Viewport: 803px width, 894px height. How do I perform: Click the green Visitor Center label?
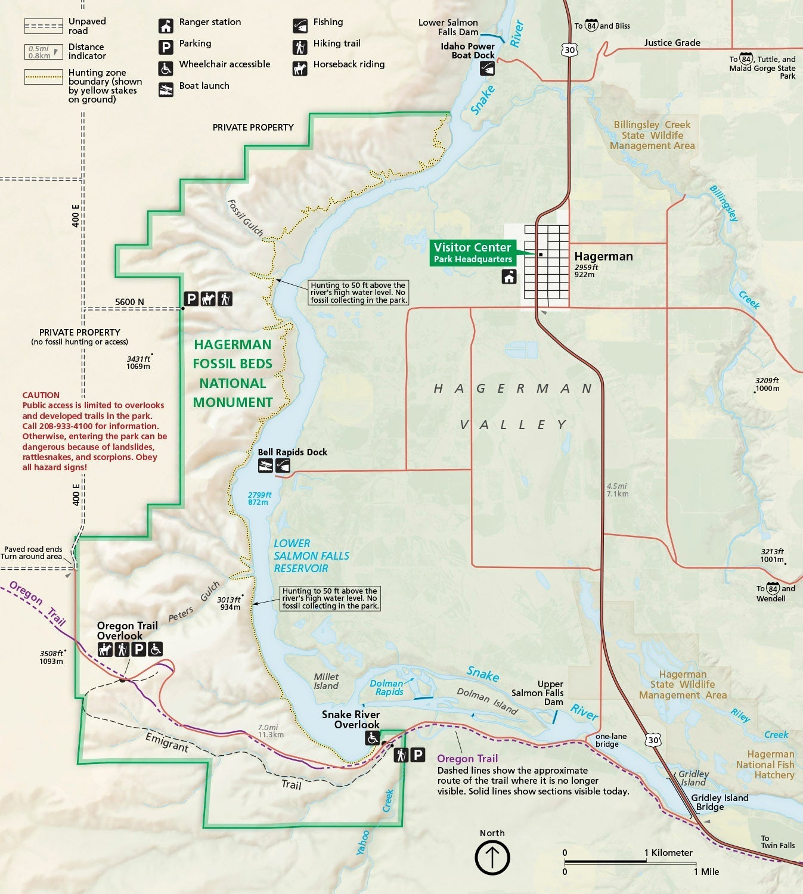tap(472, 253)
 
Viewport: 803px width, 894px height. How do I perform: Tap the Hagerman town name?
tap(603, 256)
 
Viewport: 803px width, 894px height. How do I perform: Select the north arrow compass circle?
tap(492, 858)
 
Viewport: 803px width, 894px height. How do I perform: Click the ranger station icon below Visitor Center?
tap(509, 277)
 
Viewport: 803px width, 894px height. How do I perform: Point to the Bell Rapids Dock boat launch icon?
tap(265, 466)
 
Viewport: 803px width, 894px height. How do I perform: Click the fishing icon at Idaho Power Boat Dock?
tap(487, 69)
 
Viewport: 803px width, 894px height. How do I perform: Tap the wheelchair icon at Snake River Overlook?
tap(373, 738)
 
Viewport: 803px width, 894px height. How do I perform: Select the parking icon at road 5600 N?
tap(191, 299)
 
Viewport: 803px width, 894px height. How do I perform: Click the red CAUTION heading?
tap(41, 395)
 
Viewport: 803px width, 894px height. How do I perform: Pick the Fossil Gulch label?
tap(245, 218)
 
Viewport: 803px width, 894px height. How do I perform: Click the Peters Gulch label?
tap(194, 602)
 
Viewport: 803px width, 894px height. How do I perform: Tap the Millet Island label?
tap(326, 681)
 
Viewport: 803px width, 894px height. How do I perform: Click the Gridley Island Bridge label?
tap(719, 802)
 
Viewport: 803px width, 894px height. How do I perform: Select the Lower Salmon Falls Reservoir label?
tap(311, 555)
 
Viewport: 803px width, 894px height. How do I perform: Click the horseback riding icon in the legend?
tap(300, 69)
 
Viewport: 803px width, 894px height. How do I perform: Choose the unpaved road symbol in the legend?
tap(43, 26)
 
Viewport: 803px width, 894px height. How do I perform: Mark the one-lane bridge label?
tap(610, 740)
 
